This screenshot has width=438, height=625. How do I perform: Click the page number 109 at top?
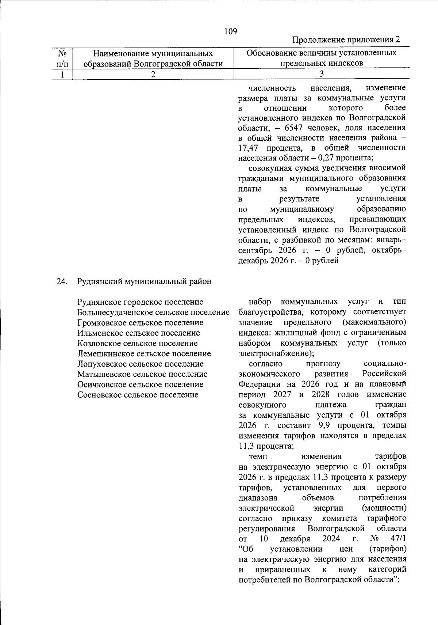(x=231, y=31)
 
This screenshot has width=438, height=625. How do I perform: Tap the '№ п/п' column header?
(x=63, y=58)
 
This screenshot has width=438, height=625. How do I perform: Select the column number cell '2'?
(x=153, y=74)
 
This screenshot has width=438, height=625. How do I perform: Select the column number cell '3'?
(x=322, y=74)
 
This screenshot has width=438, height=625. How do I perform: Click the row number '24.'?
(x=62, y=282)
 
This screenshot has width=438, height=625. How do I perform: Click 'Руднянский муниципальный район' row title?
(x=144, y=282)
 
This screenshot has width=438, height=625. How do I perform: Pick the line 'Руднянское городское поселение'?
(x=141, y=302)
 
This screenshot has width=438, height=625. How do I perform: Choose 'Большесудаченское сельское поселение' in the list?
(x=153, y=312)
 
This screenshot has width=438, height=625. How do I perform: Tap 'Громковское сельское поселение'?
(x=141, y=323)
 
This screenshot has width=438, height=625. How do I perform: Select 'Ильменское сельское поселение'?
(x=139, y=333)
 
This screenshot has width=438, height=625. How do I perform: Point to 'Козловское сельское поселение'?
(x=138, y=343)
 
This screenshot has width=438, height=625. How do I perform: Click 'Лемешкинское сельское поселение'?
(x=144, y=353)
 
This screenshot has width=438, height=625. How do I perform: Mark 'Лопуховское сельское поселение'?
(x=141, y=364)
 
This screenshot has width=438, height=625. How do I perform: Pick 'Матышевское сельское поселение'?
(x=142, y=374)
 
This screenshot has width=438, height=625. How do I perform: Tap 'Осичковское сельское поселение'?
(x=141, y=385)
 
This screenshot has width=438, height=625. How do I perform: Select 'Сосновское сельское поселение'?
(x=138, y=395)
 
